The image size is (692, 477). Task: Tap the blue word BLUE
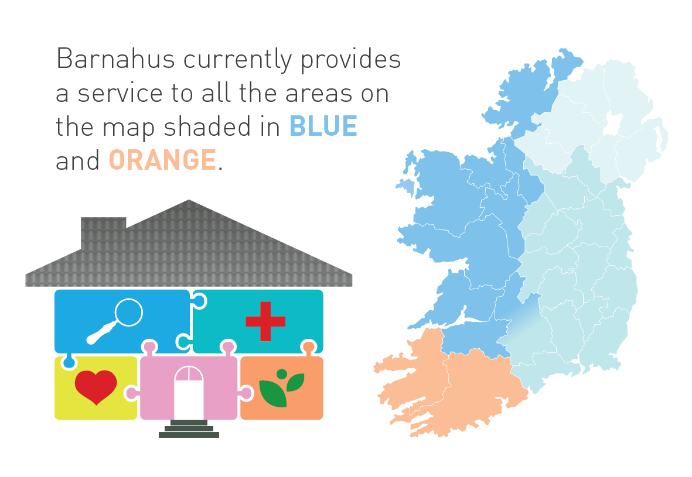pos(323,126)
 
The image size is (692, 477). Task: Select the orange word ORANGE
pos(162,160)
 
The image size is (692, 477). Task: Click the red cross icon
pos(265,321)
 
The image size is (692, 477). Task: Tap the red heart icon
pos(96,387)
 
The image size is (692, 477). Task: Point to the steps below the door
pos(189,429)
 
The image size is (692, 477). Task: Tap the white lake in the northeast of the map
pos(612,124)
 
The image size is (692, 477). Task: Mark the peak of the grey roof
pos(189,201)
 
